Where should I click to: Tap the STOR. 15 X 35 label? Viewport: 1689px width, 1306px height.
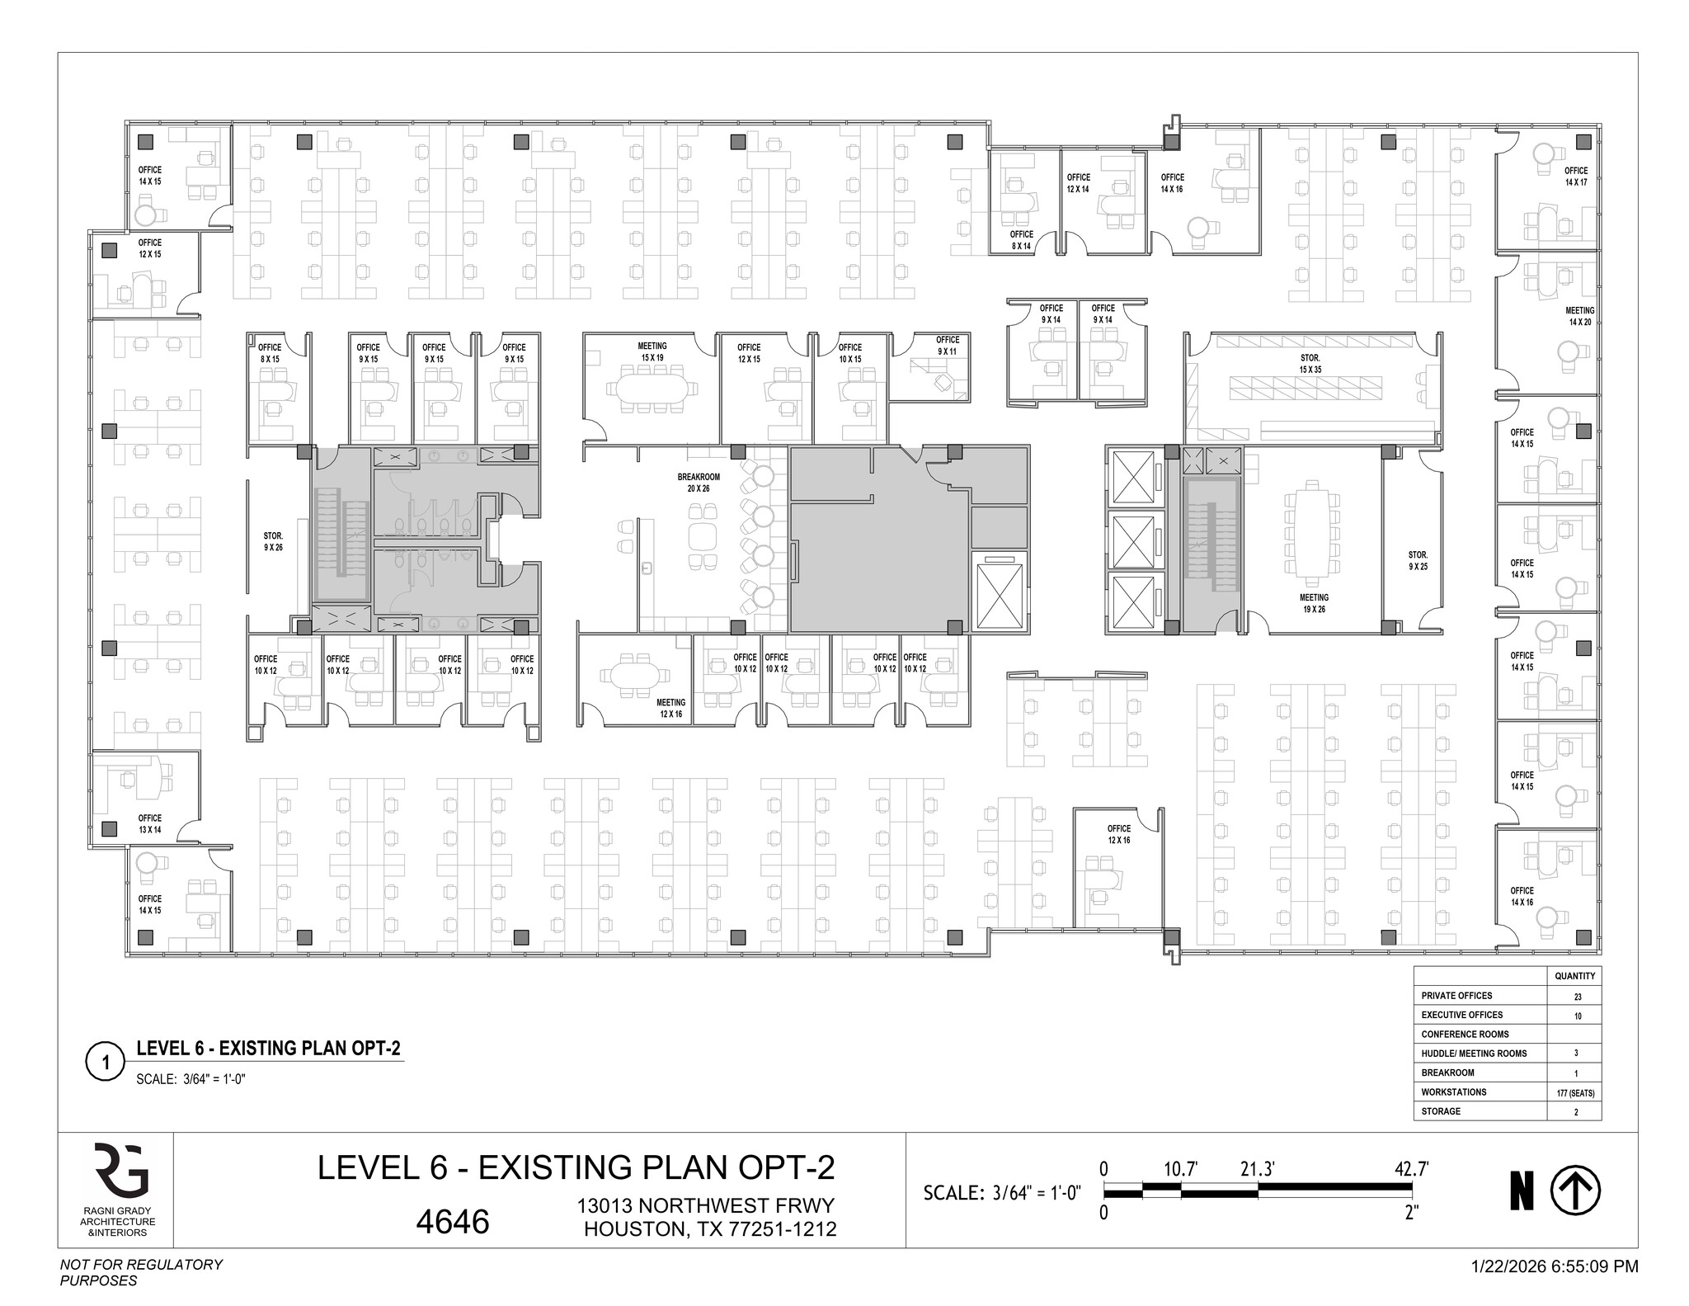[1310, 364]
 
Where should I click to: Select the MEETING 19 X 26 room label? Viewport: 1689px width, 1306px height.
[1314, 603]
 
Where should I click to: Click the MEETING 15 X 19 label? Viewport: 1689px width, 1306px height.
[652, 352]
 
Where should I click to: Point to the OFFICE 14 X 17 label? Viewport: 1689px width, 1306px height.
[1575, 177]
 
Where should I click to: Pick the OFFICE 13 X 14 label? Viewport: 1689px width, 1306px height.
[149, 823]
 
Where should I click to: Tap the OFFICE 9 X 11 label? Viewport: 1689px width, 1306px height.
[947, 346]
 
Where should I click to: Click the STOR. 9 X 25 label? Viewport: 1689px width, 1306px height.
[1418, 561]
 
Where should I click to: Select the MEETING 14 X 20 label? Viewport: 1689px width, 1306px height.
[1579, 317]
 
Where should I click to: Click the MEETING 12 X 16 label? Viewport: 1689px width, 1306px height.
[670, 708]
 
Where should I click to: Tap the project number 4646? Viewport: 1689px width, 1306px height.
[453, 1222]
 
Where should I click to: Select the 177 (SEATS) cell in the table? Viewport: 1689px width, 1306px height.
[1577, 1092]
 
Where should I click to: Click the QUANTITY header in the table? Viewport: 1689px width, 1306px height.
[1575, 976]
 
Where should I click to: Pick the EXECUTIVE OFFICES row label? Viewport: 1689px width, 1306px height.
[1461, 1015]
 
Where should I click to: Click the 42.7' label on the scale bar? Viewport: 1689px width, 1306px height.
[1411, 1168]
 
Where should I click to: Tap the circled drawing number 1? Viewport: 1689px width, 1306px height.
[105, 1063]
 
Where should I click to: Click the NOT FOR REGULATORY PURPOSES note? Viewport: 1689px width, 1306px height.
[141, 1272]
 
